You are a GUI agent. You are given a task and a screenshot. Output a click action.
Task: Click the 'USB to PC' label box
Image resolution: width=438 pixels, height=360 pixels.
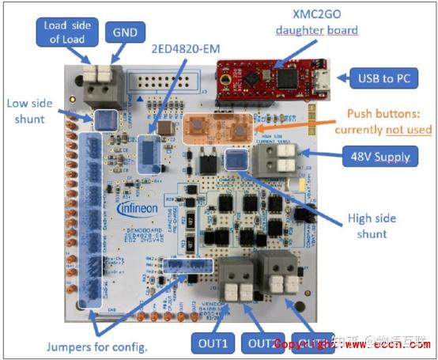pos(382,78)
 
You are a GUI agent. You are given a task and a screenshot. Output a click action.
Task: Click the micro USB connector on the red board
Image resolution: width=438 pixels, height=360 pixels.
pos(320,78)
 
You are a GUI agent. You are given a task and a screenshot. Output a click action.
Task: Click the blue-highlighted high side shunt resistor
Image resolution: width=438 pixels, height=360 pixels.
pos(235,160)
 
